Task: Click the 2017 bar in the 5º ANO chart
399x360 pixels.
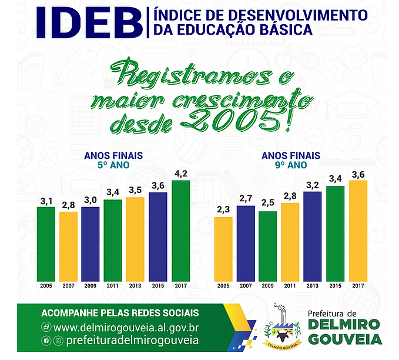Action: [180, 231]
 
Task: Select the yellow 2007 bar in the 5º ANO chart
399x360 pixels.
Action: [68, 246]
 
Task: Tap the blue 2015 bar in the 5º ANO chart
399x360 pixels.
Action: [158, 237]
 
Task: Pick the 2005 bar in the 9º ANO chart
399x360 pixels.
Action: [223, 249]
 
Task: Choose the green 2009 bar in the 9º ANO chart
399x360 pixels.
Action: [268, 246]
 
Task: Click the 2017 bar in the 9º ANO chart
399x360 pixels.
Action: [358, 231]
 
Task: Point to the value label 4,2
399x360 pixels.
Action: [181, 174]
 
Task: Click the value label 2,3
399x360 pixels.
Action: [223, 209]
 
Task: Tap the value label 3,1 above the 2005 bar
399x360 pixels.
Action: [46, 202]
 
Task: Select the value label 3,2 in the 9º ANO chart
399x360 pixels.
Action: [313, 185]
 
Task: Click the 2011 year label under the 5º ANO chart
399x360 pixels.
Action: [113, 286]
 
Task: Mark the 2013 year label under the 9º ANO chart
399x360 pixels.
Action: [313, 286]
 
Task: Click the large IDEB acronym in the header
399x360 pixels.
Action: [89, 23]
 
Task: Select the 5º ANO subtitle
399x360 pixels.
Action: [113, 165]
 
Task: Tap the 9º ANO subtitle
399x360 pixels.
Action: [291, 165]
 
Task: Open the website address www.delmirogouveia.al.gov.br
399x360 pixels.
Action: [126, 328]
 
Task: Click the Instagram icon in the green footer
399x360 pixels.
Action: [59, 341]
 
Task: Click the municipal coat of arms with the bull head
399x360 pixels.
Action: [282, 326]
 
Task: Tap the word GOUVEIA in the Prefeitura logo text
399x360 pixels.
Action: [346, 339]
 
